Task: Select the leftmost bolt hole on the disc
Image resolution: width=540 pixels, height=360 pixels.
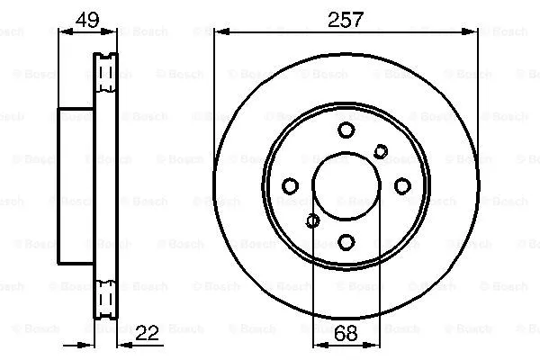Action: point(290,185)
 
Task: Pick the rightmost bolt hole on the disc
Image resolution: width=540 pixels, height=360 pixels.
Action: point(402,185)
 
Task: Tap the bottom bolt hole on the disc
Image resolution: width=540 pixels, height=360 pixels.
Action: point(346,241)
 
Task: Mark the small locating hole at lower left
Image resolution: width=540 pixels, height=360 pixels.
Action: point(312,220)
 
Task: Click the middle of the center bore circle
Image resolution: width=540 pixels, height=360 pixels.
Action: point(346,185)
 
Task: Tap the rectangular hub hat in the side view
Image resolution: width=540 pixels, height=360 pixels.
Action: point(76,185)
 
